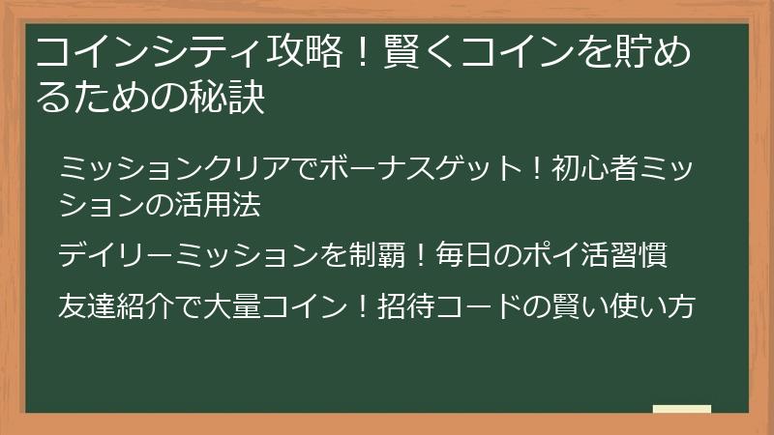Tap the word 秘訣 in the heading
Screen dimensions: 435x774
231,98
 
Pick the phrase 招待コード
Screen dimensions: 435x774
463,306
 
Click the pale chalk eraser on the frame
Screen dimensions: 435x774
681,410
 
